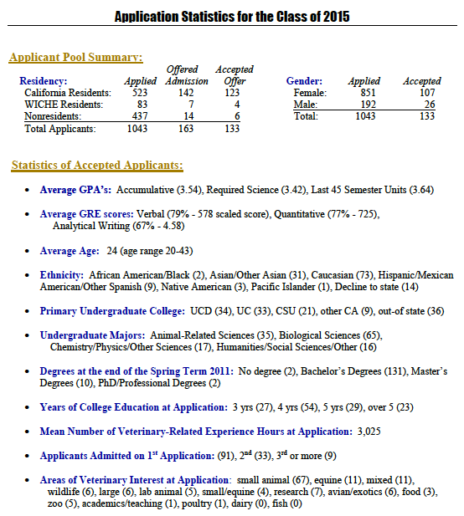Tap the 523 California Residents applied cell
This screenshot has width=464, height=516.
[141, 92]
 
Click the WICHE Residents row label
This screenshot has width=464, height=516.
[64, 105]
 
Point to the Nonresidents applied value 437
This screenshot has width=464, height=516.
[141, 116]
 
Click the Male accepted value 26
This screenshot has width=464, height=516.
[429, 105]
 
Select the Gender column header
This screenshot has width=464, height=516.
[306, 81]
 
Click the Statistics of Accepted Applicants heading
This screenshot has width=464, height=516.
[97, 166]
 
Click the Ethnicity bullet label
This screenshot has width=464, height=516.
[61, 274]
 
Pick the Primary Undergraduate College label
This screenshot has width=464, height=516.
[111, 310]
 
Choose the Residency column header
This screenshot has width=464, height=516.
[44, 81]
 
